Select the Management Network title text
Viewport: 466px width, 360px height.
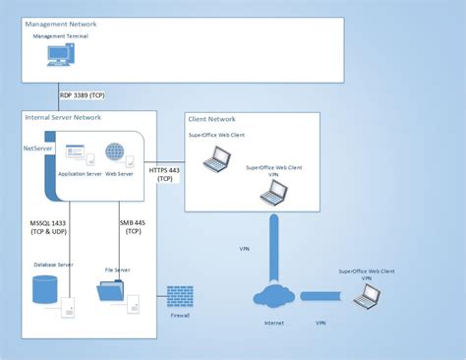click(x=62, y=21)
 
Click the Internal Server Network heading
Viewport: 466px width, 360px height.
click(x=65, y=117)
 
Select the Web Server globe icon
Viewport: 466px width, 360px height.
click(x=116, y=154)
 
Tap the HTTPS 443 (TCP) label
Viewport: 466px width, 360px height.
click(x=164, y=173)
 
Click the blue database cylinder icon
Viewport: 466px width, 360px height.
click(x=43, y=290)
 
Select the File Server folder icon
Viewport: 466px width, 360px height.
click(x=111, y=292)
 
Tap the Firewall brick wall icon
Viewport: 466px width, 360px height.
click(x=179, y=296)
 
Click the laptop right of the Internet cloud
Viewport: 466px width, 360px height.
click(x=366, y=295)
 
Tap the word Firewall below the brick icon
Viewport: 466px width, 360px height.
click(x=179, y=316)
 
